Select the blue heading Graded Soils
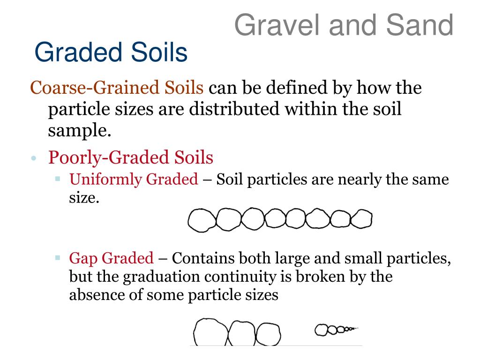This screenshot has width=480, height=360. click(x=111, y=53)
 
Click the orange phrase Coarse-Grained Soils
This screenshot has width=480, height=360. click(x=117, y=88)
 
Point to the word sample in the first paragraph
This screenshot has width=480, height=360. click(x=80, y=131)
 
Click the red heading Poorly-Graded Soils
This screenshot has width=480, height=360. click(x=131, y=157)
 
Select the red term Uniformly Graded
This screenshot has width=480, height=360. click(x=134, y=179)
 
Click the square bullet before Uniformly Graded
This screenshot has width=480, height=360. click(x=58, y=179)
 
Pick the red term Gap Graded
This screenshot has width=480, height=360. click(x=111, y=258)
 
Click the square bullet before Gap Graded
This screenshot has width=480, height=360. click(x=58, y=257)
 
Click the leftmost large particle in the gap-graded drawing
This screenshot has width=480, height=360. click(x=210, y=333)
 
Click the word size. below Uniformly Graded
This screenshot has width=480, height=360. click(x=84, y=198)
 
